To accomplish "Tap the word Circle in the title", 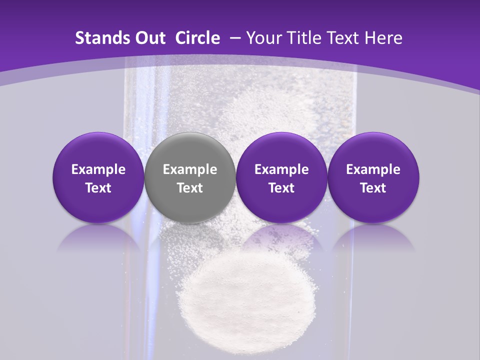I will point(197,38).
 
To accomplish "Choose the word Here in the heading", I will point(383,38).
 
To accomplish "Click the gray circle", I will point(190,177).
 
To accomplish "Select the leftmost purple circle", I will point(98,177).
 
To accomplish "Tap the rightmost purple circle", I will point(373,177).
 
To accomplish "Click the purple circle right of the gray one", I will point(281,177).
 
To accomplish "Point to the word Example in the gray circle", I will point(190,169).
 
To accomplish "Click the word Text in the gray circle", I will point(190,188).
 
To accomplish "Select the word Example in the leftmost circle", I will point(98,169).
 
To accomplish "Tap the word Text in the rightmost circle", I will point(373,188).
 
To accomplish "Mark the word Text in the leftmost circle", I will point(98,188).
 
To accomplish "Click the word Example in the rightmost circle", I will point(373,169).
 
